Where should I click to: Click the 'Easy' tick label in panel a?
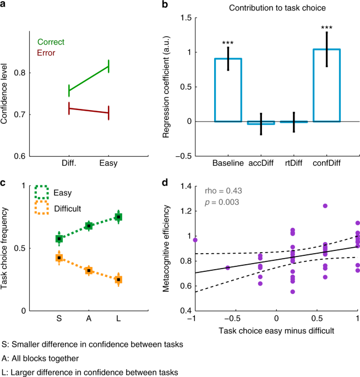(x=108, y=163)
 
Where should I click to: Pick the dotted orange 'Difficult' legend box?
(x=42, y=208)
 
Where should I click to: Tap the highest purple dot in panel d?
(x=325, y=206)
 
